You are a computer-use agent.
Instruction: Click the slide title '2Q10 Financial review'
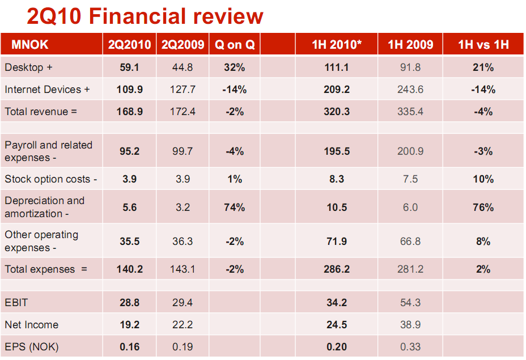[145, 16]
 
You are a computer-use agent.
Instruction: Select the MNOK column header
[27, 45]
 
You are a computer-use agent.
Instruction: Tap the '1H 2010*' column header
[337, 45]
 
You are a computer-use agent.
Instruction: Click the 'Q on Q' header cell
[235, 45]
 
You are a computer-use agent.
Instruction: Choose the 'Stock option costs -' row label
[51, 179]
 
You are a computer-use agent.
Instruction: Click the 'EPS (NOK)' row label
[32, 347]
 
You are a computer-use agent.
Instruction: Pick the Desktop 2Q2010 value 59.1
[130, 67]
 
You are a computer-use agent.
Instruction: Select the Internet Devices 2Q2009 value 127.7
[183, 90]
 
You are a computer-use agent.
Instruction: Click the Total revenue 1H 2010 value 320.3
[337, 112]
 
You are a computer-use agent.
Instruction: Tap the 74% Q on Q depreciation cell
[235, 207]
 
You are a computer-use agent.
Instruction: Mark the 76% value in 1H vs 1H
[483, 207]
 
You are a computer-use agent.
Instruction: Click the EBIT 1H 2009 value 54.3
[410, 303]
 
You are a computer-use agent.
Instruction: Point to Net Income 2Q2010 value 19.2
[130, 325]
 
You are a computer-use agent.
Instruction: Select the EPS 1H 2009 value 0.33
[410, 347]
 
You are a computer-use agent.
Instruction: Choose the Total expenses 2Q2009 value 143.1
[183, 269]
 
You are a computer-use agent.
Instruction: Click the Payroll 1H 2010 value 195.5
[337, 151]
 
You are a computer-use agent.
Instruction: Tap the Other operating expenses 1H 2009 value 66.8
[410, 242]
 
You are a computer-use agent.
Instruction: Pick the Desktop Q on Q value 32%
[235, 67]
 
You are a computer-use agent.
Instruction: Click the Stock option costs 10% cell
[483, 179]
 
